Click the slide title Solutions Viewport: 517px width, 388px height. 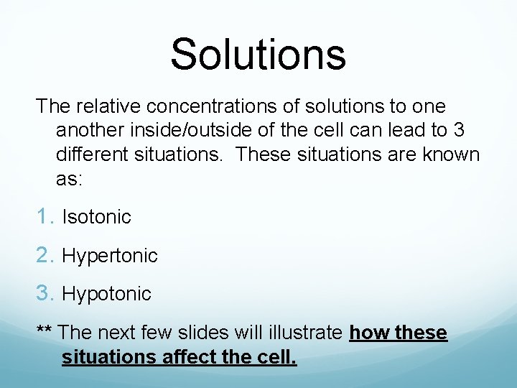click(x=258, y=54)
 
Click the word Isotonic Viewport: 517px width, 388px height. click(x=96, y=217)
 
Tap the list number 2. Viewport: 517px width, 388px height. click(x=46, y=255)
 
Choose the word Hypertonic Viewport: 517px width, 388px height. click(x=110, y=256)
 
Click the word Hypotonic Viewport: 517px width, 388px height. click(x=106, y=294)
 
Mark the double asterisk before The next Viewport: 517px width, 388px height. click(x=44, y=331)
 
